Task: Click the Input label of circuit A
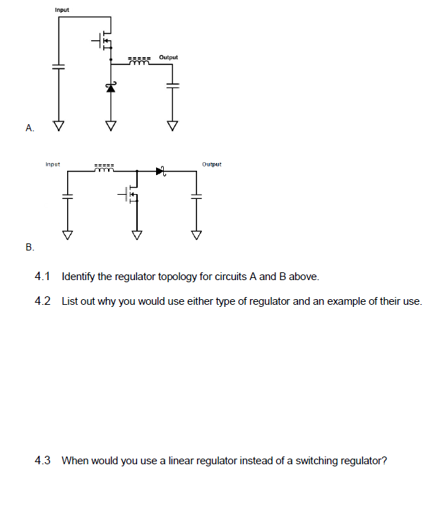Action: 61,10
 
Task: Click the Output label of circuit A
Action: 169,56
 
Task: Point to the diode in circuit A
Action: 110,87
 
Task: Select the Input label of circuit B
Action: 52,164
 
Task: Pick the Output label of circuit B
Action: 211,164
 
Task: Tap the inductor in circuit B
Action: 105,169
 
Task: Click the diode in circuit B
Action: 160,170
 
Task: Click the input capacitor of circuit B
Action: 68,197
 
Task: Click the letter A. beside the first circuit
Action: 29,128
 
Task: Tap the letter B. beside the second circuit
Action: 29,247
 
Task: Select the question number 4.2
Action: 42,301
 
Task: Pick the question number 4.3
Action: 42,461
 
